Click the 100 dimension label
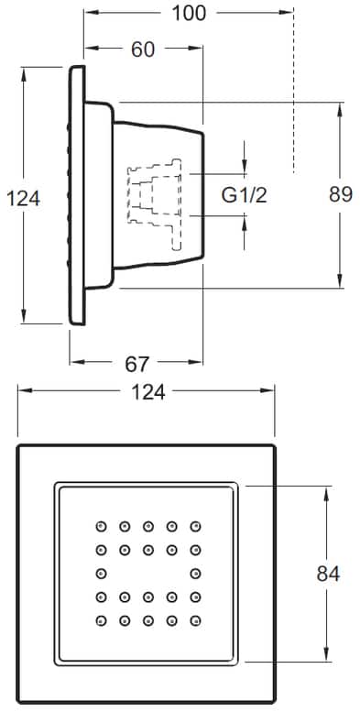click(x=189, y=12)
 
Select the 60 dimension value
click(x=144, y=49)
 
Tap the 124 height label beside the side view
click(x=23, y=197)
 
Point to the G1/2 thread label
click(x=245, y=194)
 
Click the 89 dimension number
click(x=340, y=195)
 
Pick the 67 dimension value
click(x=136, y=364)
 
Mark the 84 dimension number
click(x=328, y=574)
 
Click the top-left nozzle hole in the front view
click(x=100, y=526)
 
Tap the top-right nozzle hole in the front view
click(x=195, y=526)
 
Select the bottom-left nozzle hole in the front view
click(x=100, y=621)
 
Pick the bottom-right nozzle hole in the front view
click(x=195, y=621)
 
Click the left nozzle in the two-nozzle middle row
click(x=100, y=574)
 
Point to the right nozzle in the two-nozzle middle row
click(x=195, y=574)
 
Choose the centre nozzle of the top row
click(x=147, y=526)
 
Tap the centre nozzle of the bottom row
click(x=147, y=621)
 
